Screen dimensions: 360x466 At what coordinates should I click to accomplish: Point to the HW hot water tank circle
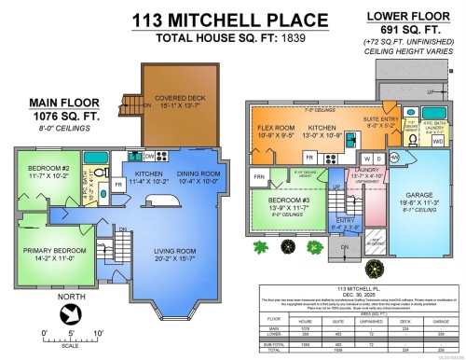[x=368, y=159]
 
